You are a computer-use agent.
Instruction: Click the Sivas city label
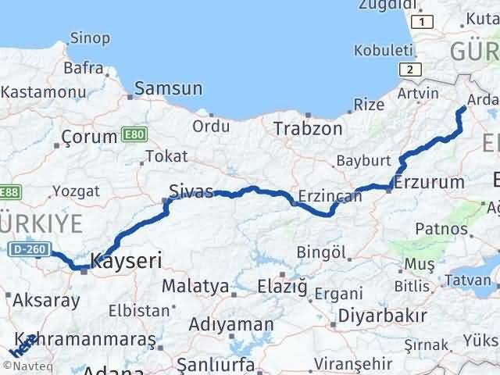[191, 190]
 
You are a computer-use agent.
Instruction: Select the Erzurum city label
[430, 183]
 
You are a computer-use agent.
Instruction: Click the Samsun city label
[168, 89]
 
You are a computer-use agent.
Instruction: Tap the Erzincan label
[330, 196]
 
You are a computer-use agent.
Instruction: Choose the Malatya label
[191, 286]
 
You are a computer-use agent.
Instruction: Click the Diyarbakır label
[383, 316]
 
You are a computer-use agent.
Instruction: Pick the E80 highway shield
[134, 136]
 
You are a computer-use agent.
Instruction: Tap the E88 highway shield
[9, 192]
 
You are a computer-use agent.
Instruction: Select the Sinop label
[90, 37]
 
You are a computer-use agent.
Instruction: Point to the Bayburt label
[362, 161]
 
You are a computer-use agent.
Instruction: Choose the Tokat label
[166, 157]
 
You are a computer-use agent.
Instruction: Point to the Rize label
[369, 104]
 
